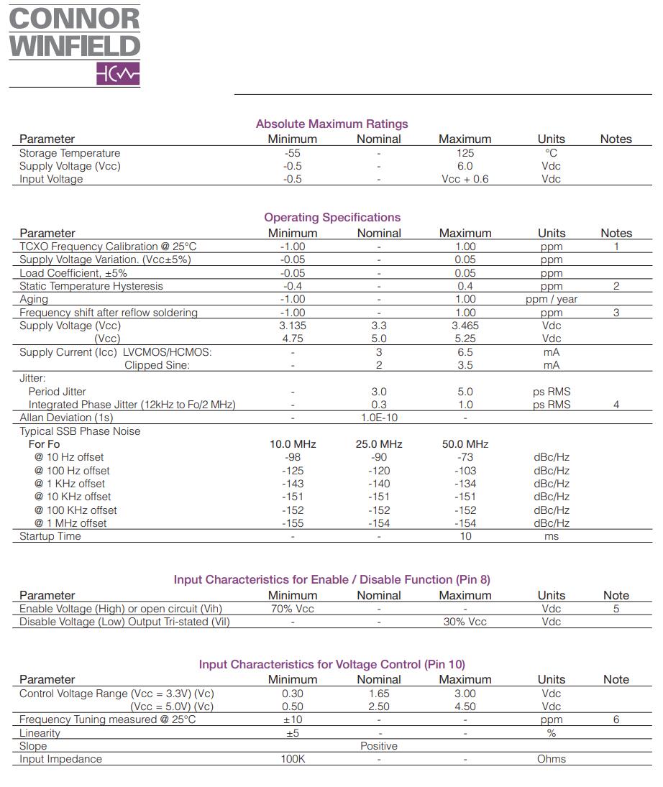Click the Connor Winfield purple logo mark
(x=118, y=74)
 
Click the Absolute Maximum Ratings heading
(x=331, y=124)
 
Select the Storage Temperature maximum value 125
(x=465, y=153)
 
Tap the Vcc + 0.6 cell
(x=465, y=179)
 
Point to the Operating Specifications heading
(x=331, y=217)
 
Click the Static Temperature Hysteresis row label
(x=91, y=286)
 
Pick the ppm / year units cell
(x=551, y=299)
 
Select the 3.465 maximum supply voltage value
(x=465, y=326)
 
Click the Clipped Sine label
(x=157, y=365)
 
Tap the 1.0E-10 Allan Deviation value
(x=378, y=418)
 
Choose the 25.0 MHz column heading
(x=378, y=444)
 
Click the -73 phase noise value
(x=465, y=457)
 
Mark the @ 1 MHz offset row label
(x=70, y=523)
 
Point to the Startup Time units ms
(x=551, y=536)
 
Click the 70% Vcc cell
(x=292, y=609)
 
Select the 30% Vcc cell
(x=465, y=622)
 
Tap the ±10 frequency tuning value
(x=292, y=719)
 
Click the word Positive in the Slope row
(x=378, y=746)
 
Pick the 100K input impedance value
(x=292, y=759)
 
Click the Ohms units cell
(x=551, y=759)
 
